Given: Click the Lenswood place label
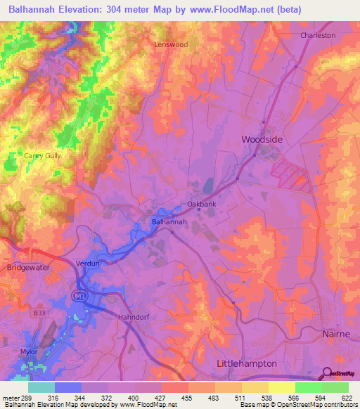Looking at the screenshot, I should point(172,44).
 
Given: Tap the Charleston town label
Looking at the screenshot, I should point(318,35).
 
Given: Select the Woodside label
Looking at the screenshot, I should point(262,140).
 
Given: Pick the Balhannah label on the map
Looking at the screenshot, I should point(169,222).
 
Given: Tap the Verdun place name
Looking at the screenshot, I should point(87,264).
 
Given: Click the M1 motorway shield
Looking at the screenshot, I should point(77,297).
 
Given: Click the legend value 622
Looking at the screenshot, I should point(347,398).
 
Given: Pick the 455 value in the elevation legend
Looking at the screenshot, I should point(188,398).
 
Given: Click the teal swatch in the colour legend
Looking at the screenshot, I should point(41,387).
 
